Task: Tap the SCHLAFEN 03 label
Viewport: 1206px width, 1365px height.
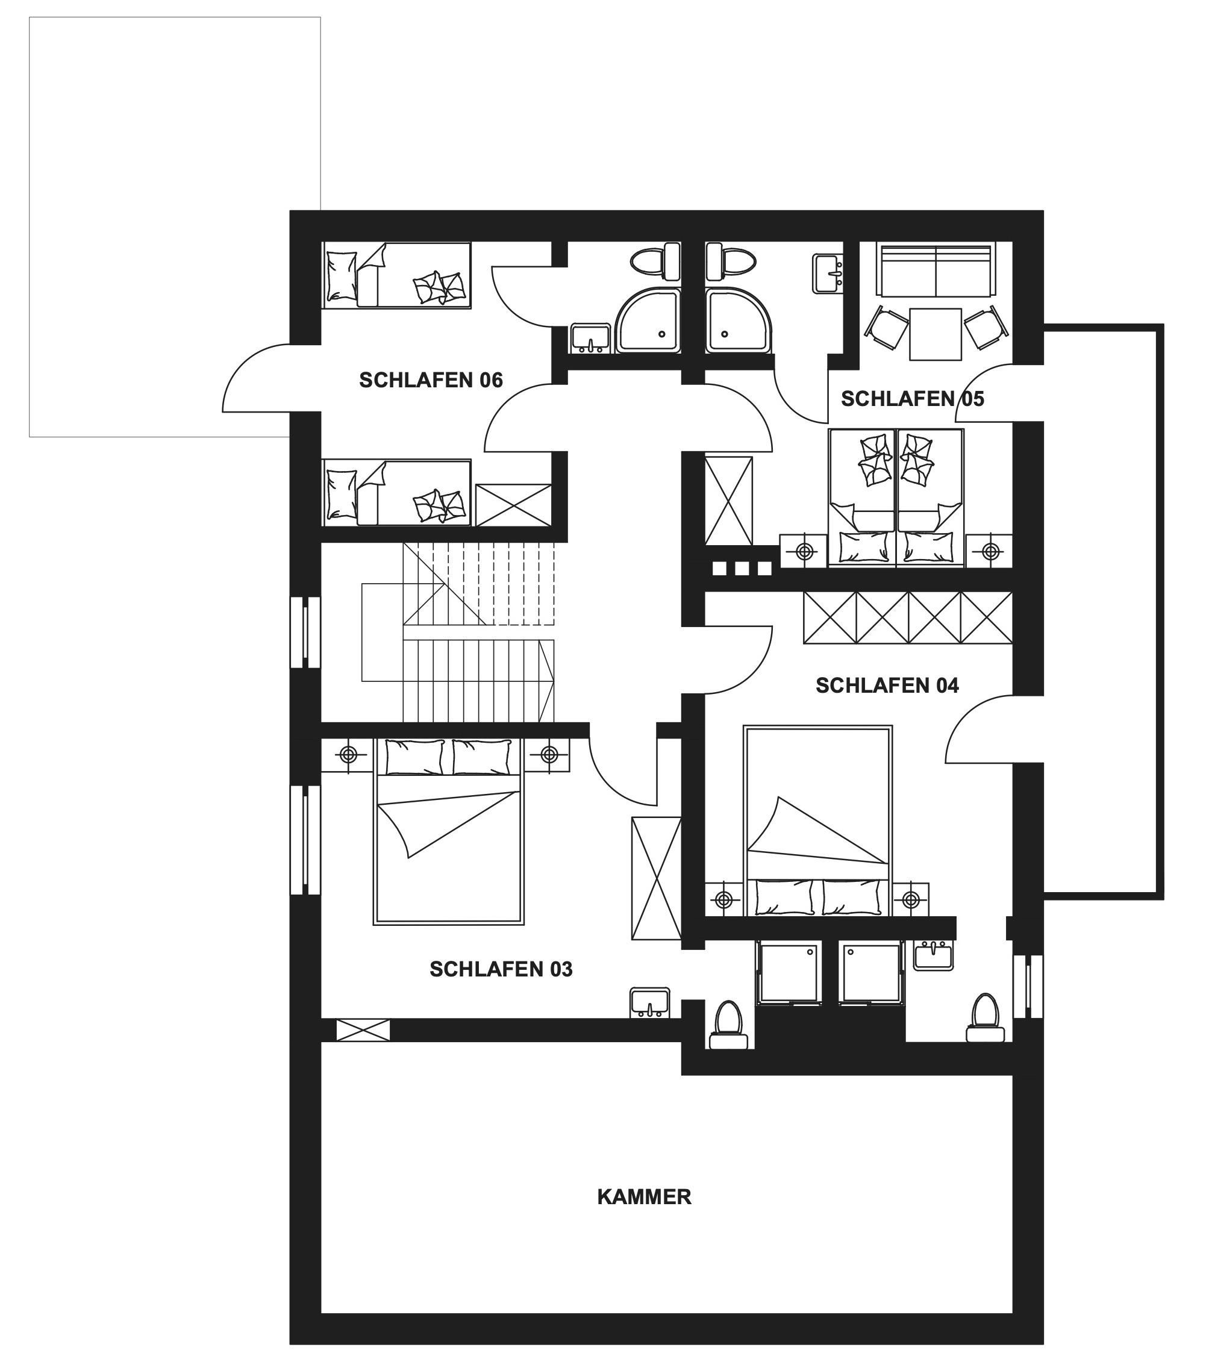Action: [x=501, y=969]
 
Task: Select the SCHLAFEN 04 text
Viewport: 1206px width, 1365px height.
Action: [x=887, y=685]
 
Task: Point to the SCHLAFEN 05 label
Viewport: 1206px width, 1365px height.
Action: [x=912, y=399]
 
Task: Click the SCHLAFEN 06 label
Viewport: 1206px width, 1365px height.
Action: [x=431, y=380]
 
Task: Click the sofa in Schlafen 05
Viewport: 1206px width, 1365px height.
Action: [x=936, y=270]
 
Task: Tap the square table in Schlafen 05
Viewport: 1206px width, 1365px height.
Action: [x=935, y=334]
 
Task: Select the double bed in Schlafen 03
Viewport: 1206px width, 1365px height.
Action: [x=448, y=831]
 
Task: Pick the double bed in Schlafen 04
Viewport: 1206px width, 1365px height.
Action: [x=817, y=822]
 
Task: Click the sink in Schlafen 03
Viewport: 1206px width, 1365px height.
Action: [x=649, y=1003]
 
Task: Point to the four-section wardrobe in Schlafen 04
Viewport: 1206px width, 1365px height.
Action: [x=907, y=617]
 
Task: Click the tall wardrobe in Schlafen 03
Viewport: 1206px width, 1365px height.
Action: [x=656, y=879]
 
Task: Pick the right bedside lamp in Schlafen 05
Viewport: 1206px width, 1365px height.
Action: [x=990, y=552]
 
